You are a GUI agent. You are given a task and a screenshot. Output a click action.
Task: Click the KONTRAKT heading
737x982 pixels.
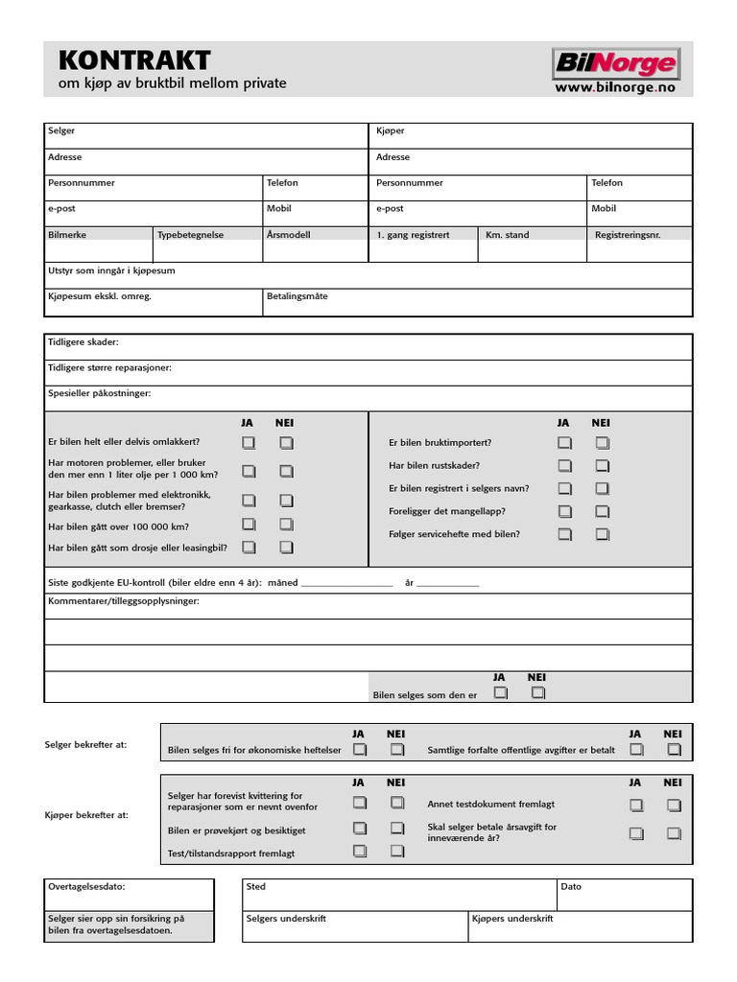(x=134, y=61)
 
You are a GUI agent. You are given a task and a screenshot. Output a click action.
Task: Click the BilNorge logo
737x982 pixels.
(x=615, y=64)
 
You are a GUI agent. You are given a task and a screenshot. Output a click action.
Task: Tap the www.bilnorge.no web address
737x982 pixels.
(x=615, y=87)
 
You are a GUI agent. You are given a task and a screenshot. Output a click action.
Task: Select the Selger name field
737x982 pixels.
(x=205, y=135)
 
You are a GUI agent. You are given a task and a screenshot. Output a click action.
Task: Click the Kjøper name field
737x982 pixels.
(x=530, y=135)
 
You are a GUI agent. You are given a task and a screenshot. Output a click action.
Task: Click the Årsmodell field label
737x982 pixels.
(x=289, y=234)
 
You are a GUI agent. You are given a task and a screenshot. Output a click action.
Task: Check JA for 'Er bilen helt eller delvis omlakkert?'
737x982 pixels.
(x=249, y=443)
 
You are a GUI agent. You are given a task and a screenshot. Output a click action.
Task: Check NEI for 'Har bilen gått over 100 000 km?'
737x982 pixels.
(x=286, y=525)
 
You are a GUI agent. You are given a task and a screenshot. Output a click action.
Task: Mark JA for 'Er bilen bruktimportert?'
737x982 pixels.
(x=565, y=443)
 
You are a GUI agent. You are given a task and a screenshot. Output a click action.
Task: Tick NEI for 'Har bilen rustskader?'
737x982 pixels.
(x=602, y=466)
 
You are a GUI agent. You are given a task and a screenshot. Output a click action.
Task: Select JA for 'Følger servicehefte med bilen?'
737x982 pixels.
(x=565, y=534)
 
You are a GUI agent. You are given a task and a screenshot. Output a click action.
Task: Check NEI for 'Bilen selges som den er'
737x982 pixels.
(x=537, y=692)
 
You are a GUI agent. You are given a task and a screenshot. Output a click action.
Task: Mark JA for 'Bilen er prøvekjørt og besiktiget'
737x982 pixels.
(x=360, y=828)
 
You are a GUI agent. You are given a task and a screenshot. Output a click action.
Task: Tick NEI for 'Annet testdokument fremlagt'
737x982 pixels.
(x=674, y=806)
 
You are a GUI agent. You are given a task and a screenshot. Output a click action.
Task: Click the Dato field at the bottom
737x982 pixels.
(x=624, y=895)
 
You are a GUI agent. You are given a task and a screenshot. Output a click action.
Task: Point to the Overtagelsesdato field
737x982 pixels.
(x=129, y=894)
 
